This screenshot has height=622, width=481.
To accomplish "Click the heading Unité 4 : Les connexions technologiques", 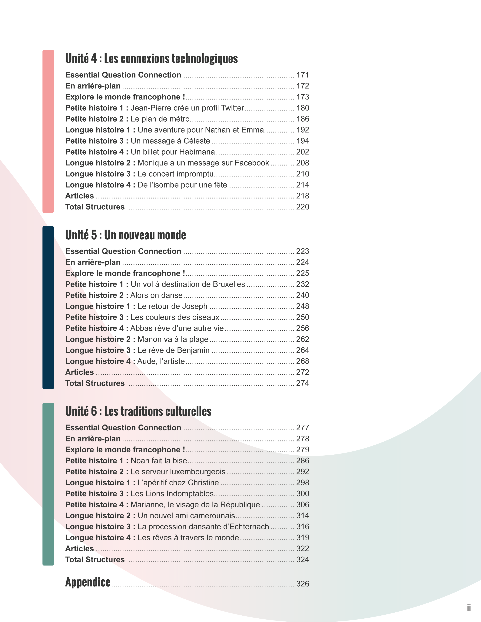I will (151, 59).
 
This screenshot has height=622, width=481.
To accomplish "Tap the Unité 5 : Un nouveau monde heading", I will (125, 235).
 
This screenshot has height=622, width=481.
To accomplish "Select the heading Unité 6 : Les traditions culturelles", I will (138, 411).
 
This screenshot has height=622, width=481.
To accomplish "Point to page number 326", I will (303, 584).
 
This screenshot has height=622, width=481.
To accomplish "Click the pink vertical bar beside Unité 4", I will (48, 131).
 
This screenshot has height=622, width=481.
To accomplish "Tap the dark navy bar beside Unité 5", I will (48, 308).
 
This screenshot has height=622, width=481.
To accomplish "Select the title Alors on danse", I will (156, 295).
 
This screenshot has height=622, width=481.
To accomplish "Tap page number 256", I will (303, 328).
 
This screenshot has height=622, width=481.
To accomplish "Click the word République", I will (240, 505).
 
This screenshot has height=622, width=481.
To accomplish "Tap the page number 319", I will (303, 538).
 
